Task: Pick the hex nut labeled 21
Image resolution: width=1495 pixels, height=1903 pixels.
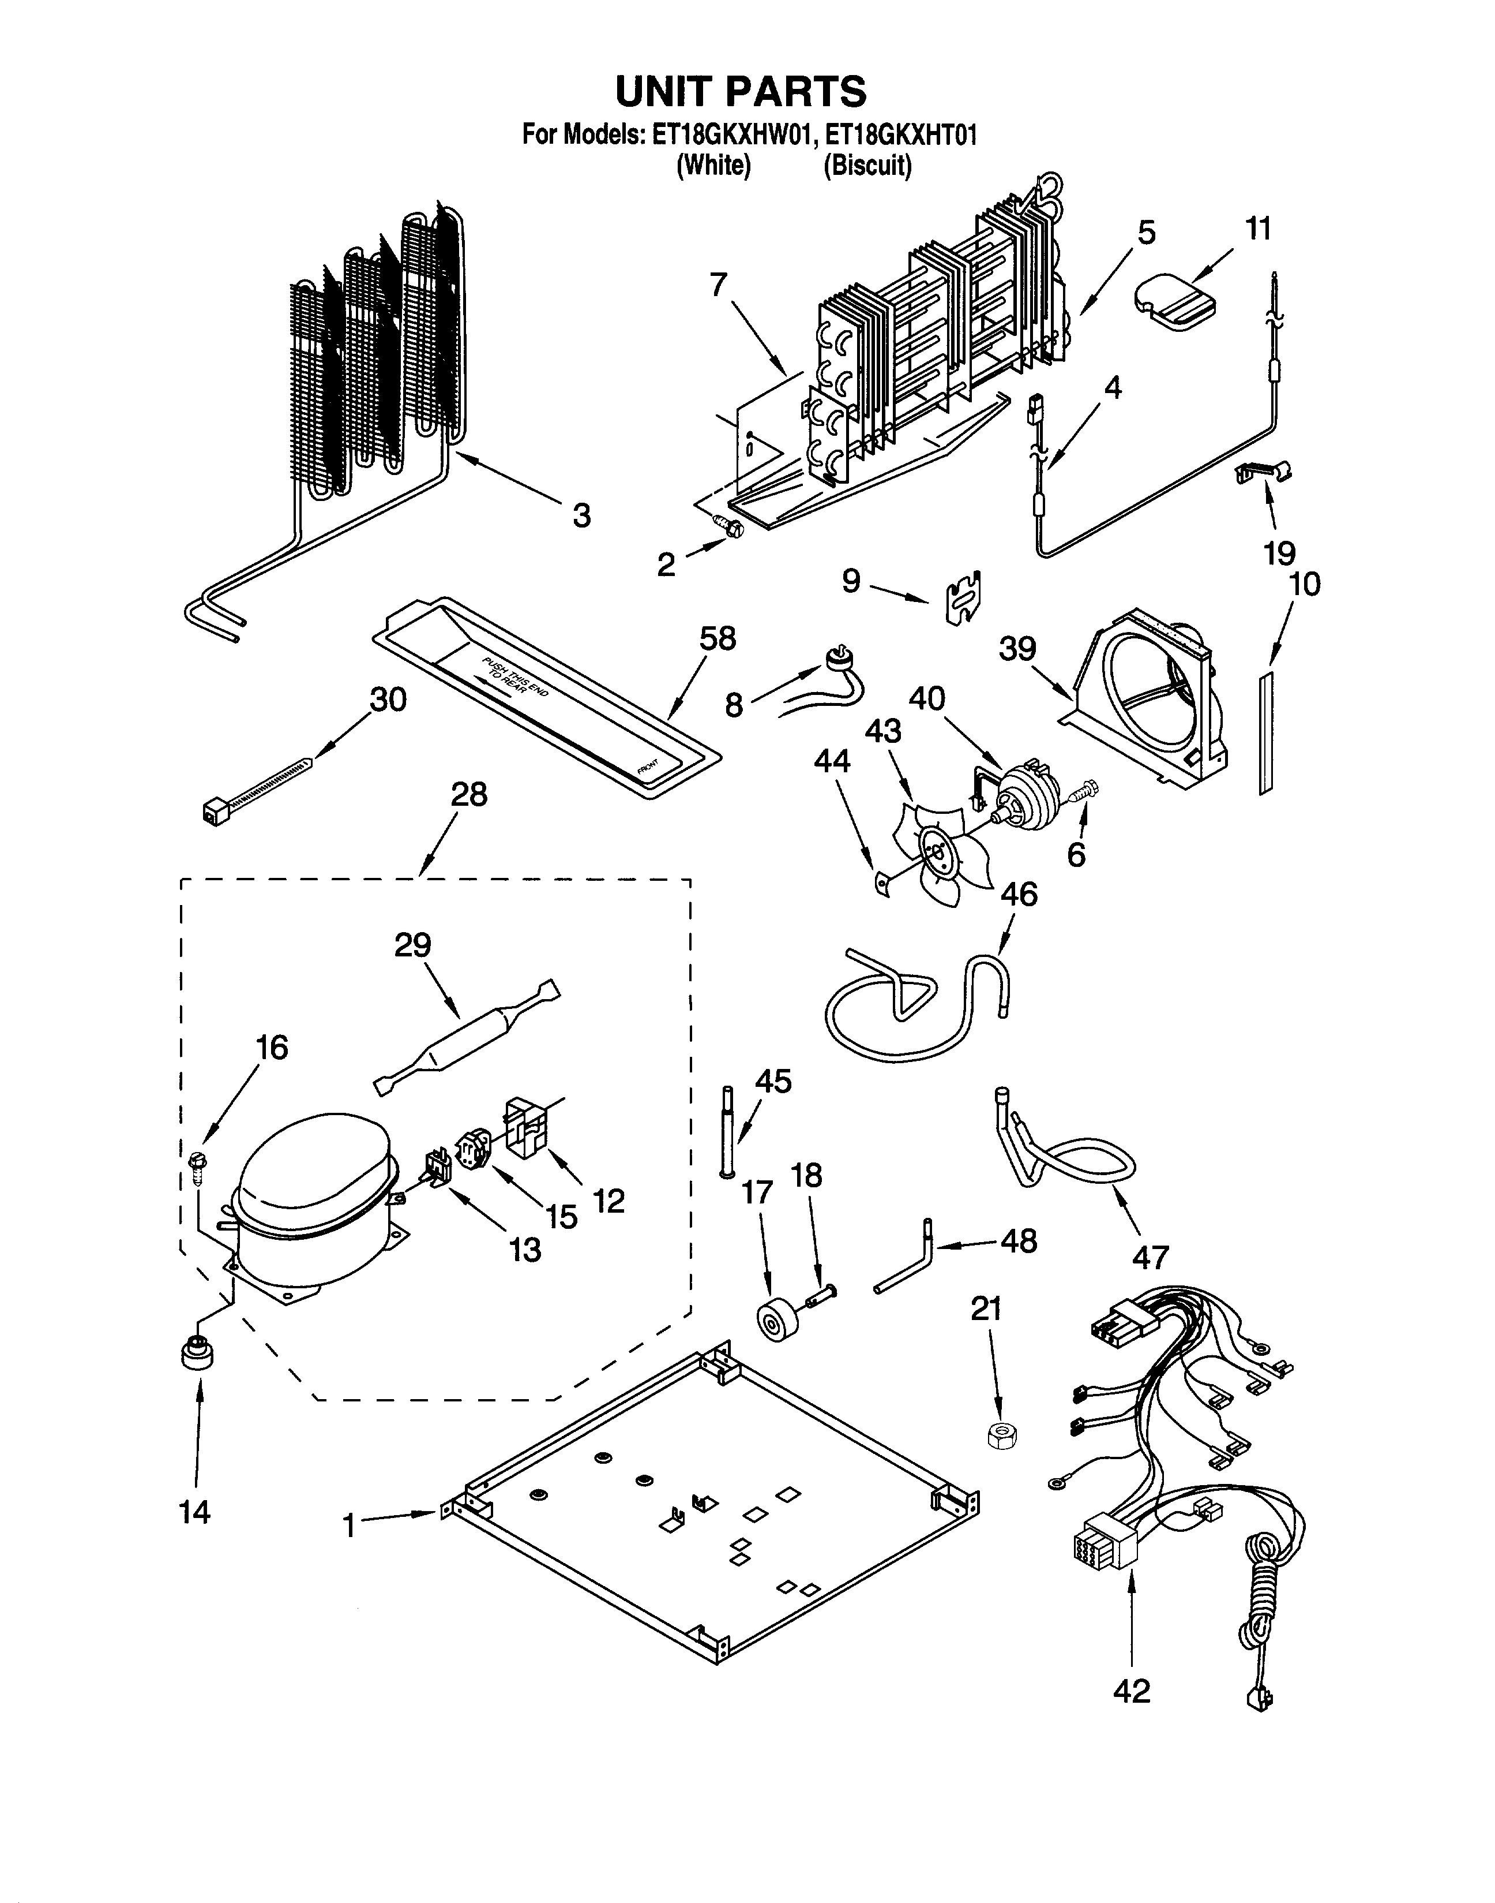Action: tap(996, 1436)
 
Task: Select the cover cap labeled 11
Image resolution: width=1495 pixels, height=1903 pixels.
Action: tap(1174, 300)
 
